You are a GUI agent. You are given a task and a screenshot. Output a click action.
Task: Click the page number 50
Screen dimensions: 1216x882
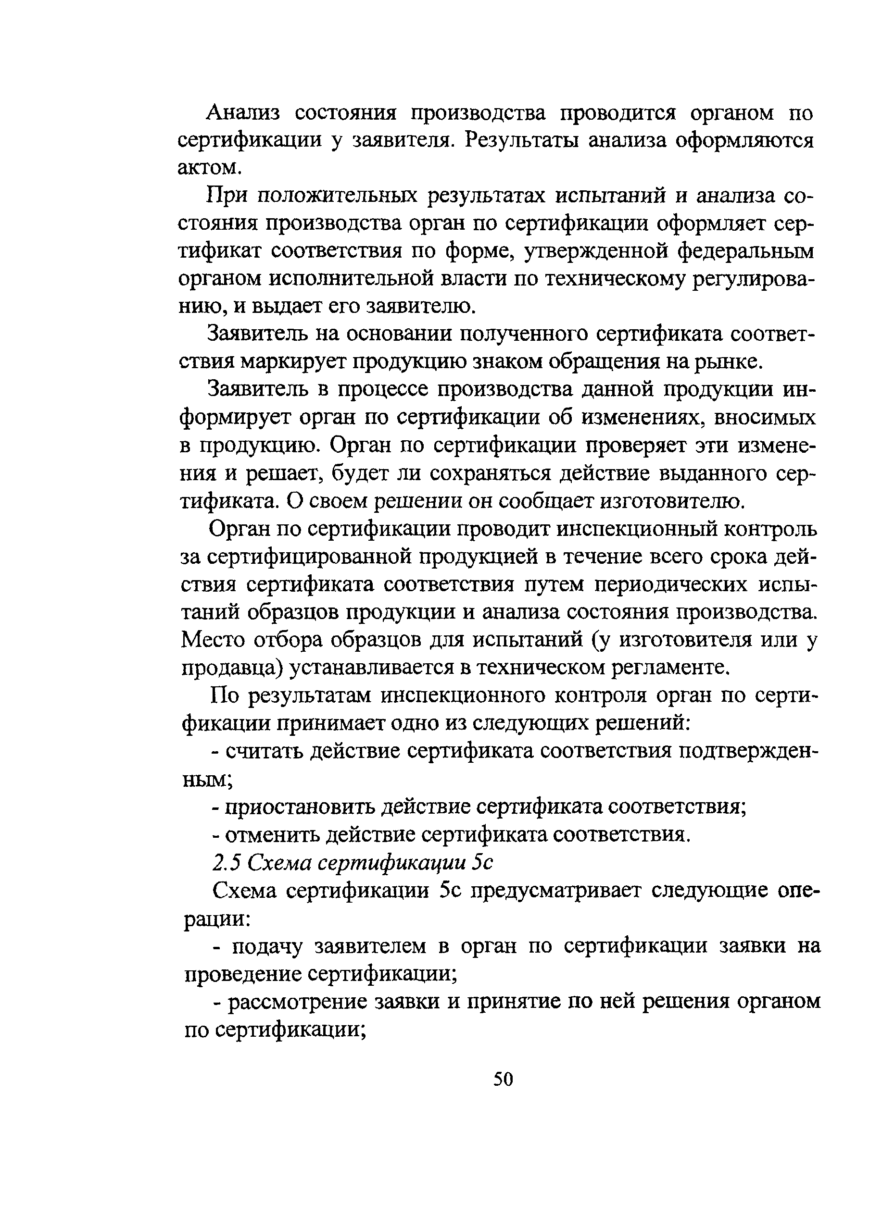pos(503,1078)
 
